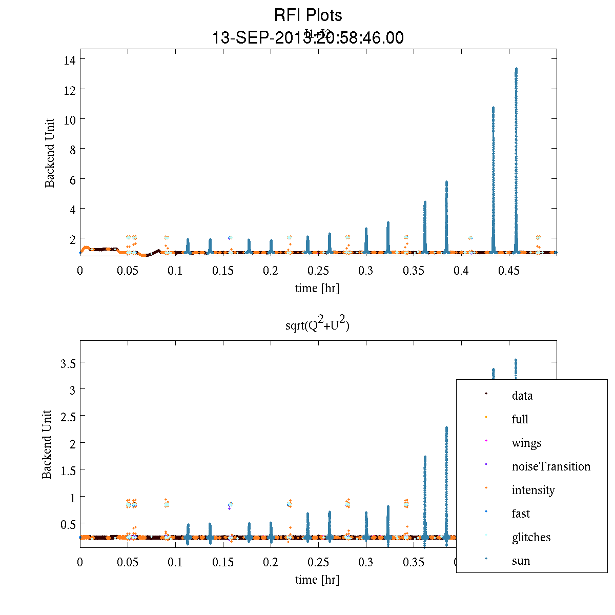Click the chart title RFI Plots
click(307, 15)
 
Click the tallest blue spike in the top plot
click(516, 154)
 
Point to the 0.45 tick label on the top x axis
click(509, 271)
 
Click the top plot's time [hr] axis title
click(317, 288)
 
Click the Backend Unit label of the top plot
click(50, 153)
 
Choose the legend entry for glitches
click(531, 537)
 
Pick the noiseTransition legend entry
click(551, 466)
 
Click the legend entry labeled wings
click(526, 443)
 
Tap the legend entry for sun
click(521, 561)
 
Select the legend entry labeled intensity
click(533, 490)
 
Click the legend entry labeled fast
click(521, 514)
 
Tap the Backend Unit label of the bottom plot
click(47, 444)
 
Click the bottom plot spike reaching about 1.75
click(425, 492)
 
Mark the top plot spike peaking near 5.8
click(446, 215)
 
